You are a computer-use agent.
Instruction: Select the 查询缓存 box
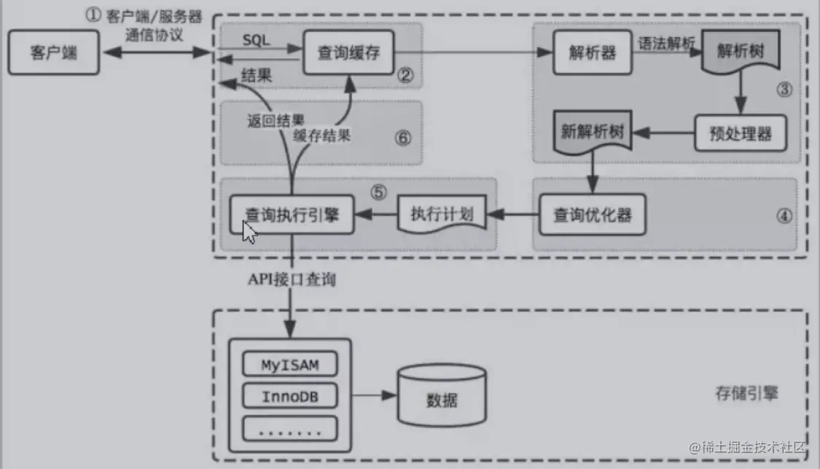[348, 53]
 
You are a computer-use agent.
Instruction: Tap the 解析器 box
[592, 53]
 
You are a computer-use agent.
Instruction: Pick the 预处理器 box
[740, 133]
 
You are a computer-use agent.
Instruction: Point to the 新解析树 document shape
[591, 133]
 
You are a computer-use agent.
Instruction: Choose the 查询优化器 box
[591, 214]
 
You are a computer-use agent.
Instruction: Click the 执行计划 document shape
[442, 214]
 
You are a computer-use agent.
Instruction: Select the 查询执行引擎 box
[292, 214]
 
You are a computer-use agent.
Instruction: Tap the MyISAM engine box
[289, 363]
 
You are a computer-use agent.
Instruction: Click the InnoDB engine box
[289, 396]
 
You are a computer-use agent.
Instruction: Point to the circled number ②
[406, 74]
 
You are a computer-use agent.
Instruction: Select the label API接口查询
[292, 279]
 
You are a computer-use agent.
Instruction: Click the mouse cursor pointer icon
[249, 233]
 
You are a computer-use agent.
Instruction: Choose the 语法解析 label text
[665, 42]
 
